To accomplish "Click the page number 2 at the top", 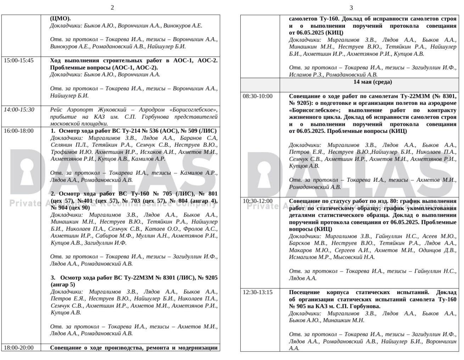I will click(112, 7).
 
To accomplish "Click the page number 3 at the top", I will click(351, 7).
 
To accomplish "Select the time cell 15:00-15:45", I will click(19, 61).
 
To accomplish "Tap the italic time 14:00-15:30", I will click(19, 110).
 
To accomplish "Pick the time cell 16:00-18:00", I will click(19, 131).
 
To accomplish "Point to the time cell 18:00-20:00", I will click(19, 348).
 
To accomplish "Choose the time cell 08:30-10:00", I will click(258, 96).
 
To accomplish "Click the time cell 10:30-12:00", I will click(258, 201).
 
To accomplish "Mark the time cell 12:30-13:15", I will click(258, 292).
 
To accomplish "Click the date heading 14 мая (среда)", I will click(373, 82).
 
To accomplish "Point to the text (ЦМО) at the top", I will click(60, 18).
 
